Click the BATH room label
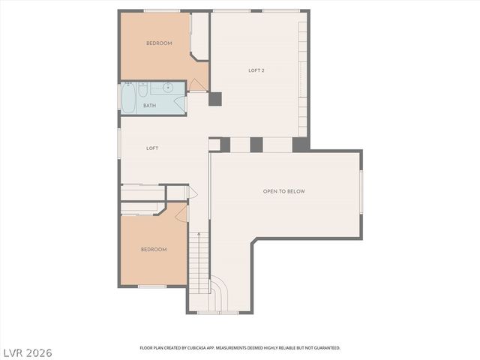(x=150, y=106)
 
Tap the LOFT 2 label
(x=257, y=70)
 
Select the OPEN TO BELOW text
(x=283, y=191)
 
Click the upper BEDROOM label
(x=159, y=43)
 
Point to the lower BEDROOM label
(x=154, y=249)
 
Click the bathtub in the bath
(x=128, y=97)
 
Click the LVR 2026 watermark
(x=28, y=351)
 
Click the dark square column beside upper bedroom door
(x=215, y=98)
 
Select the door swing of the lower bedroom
(x=181, y=214)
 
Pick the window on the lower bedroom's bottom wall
(x=152, y=286)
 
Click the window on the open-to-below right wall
(x=361, y=191)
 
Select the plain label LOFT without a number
(x=152, y=148)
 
